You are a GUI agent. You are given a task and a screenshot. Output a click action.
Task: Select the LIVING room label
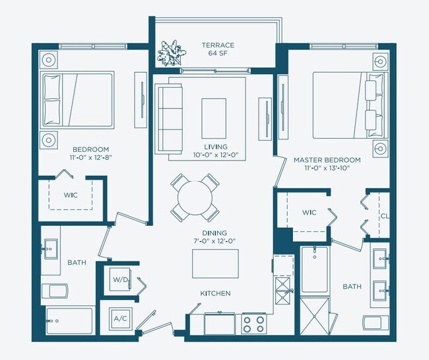click(216, 146)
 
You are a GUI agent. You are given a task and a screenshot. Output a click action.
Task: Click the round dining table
click(195, 197)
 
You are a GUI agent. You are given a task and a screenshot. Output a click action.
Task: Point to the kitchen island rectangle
click(215, 263)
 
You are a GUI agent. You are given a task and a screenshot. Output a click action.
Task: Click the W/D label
click(120, 279)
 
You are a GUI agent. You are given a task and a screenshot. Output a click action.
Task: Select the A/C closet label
click(120, 318)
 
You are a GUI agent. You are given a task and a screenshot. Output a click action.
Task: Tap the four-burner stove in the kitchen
click(253, 324)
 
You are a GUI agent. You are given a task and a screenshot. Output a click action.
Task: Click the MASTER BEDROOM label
click(327, 161)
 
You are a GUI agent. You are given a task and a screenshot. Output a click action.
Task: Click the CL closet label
click(383, 216)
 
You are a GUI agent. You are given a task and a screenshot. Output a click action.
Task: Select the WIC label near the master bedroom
click(309, 213)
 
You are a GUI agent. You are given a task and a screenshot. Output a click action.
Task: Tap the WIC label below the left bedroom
click(71, 196)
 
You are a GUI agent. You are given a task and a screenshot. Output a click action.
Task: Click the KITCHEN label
click(216, 293)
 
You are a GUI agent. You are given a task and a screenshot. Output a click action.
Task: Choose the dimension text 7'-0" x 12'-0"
click(215, 242)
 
